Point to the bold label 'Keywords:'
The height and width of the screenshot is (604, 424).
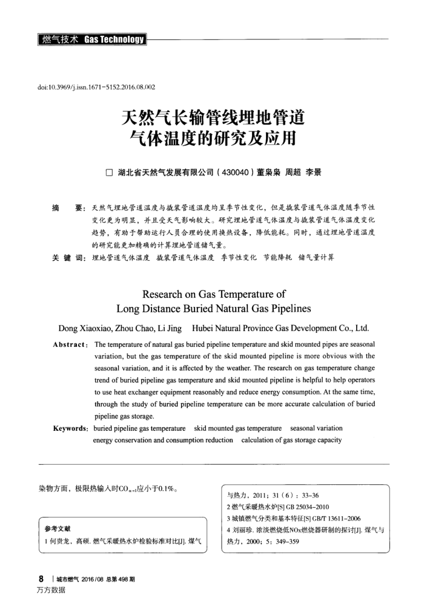pyautogui.click(x=71, y=428)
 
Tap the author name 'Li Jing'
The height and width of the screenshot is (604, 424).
pyautogui.click(x=169, y=329)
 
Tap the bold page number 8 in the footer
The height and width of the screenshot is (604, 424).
pyautogui.click(x=40, y=578)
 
